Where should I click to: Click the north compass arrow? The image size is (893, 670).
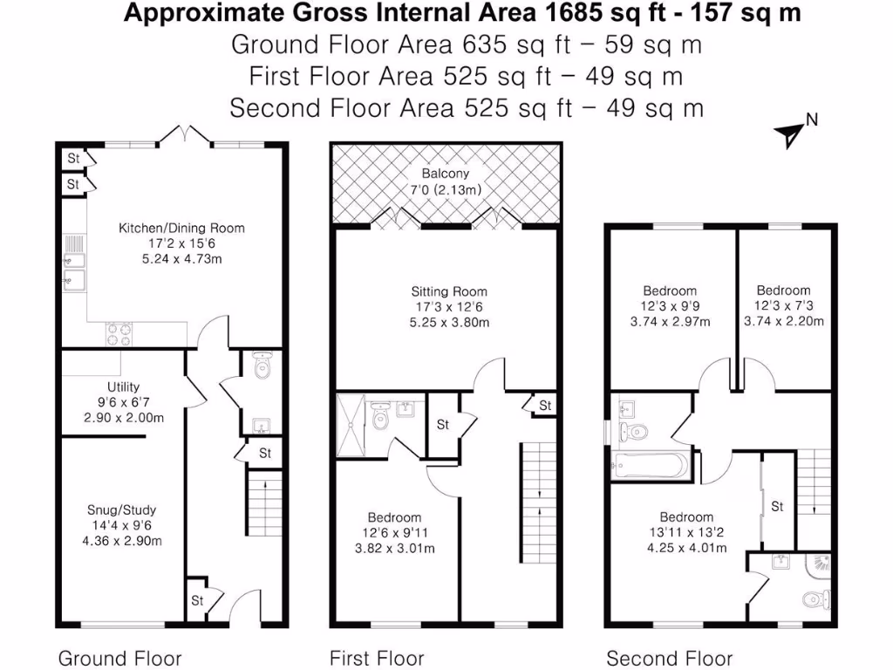coord(789,133)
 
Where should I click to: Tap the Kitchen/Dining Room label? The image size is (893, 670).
coord(181,228)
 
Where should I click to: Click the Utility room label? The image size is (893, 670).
coord(123,386)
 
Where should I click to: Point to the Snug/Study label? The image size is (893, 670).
coord(122,509)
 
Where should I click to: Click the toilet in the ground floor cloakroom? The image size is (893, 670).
coord(260,370)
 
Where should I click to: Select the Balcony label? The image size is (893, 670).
coord(445,174)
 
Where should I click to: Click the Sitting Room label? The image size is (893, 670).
coord(449,291)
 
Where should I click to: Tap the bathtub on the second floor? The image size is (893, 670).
coord(651,467)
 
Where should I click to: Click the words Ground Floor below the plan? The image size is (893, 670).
coord(119,658)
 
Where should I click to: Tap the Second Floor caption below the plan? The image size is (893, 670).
coord(669,658)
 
